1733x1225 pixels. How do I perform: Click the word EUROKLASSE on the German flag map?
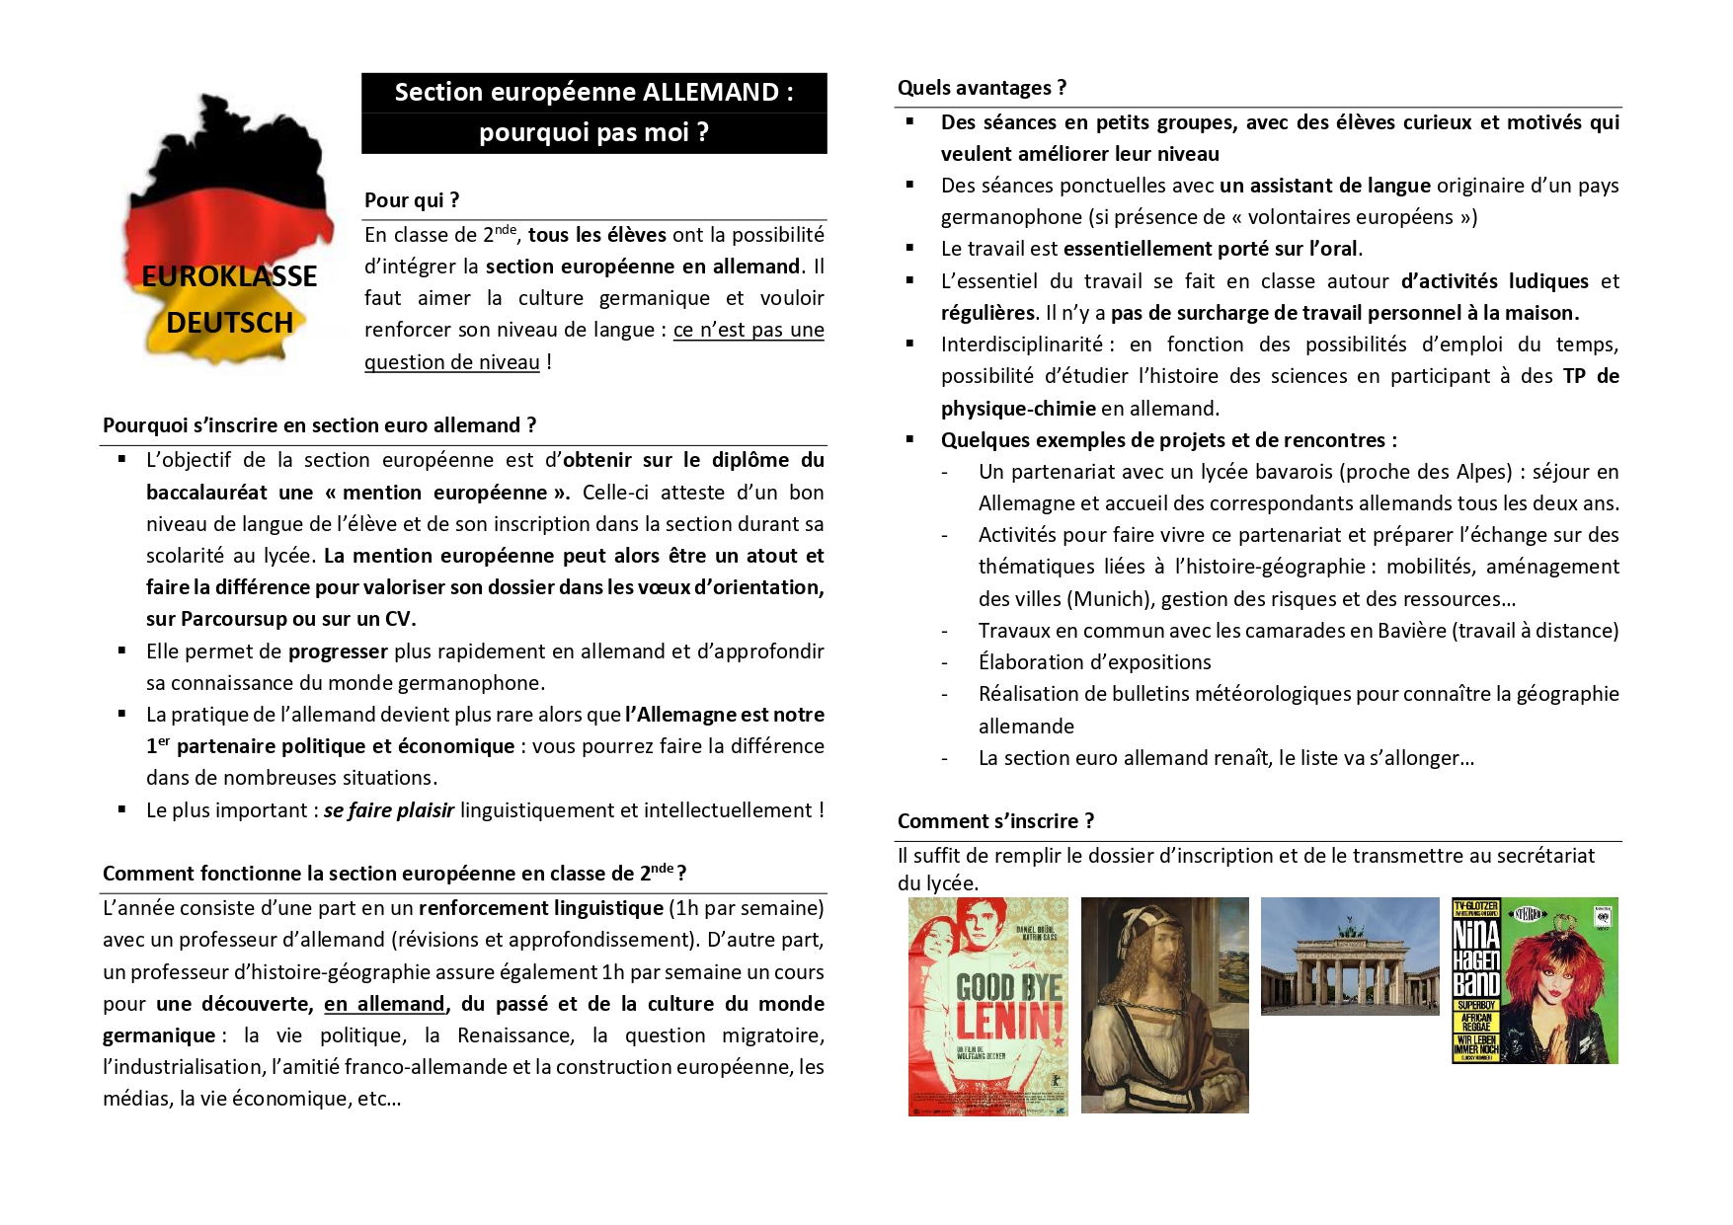(229, 276)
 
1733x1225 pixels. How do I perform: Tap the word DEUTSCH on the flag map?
(229, 323)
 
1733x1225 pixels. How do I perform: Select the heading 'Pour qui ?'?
(412, 200)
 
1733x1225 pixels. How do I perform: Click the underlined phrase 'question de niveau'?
(451, 362)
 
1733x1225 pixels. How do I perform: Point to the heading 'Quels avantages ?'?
(982, 88)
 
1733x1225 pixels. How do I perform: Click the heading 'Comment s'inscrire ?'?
(995, 821)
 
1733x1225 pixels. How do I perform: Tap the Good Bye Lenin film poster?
(987, 1006)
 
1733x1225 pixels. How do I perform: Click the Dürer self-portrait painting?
(1164, 1005)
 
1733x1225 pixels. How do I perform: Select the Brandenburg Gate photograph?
(1350, 956)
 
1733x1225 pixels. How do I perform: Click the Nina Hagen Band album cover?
(1535, 980)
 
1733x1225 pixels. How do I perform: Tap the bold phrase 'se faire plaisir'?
(388, 810)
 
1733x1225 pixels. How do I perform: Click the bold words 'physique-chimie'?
(1018, 409)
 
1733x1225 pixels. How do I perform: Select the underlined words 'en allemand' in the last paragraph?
(384, 1004)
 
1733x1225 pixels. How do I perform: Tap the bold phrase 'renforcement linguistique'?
(540, 908)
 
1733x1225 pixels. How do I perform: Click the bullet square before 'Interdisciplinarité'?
(910, 345)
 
